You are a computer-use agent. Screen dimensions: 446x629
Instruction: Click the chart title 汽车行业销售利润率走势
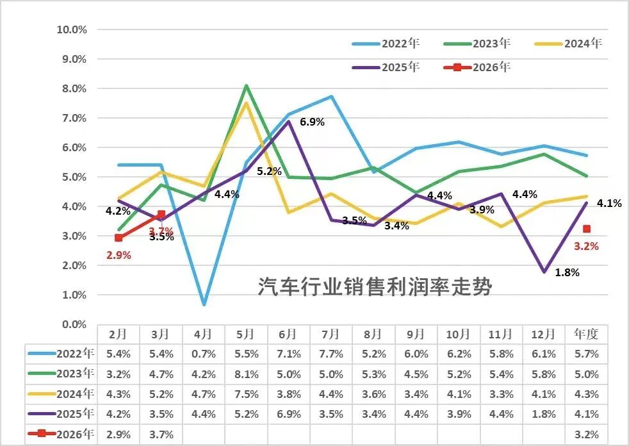click(x=375, y=286)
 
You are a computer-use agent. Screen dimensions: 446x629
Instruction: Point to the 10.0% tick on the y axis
click(x=72, y=29)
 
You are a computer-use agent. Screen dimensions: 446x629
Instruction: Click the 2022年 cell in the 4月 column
click(x=203, y=352)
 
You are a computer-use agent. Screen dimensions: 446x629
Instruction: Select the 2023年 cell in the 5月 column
click(x=245, y=374)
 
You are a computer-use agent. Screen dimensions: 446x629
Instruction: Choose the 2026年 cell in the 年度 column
click(x=587, y=434)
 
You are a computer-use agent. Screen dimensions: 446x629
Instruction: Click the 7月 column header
click(x=331, y=334)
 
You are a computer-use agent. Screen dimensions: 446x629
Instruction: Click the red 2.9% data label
click(x=118, y=255)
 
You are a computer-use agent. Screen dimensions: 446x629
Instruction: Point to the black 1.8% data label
click(x=567, y=272)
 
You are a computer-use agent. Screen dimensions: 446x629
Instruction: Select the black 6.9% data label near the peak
click(x=313, y=122)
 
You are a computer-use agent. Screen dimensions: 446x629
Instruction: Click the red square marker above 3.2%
click(x=587, y=229)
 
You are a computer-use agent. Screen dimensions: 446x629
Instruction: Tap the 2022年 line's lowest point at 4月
click(x=203, y=304)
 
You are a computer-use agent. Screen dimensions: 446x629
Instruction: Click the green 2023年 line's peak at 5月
click(x=246, y=85)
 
